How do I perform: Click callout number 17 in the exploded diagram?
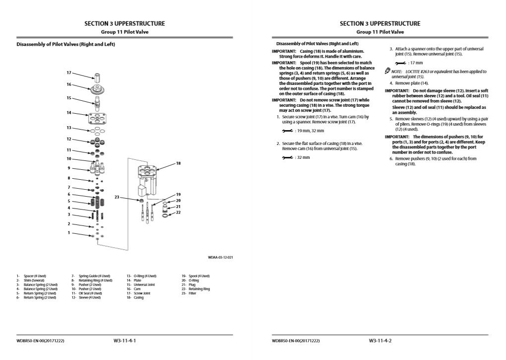coord(69,73)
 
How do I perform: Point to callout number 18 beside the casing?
coord(178,163)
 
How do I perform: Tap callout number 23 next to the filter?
coord(117,198)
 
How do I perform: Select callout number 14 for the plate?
coord(69,113)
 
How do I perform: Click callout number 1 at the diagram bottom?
coord(69,233)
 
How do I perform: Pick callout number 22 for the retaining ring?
coord(178,213)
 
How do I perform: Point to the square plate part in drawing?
coord(97,118)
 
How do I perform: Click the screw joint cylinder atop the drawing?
coord(97,77)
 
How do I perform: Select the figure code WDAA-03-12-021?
coord(220,257)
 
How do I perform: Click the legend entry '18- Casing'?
coord(135,297)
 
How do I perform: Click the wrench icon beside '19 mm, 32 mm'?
coord(287,131)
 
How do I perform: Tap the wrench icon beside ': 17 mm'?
coord(401,63)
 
